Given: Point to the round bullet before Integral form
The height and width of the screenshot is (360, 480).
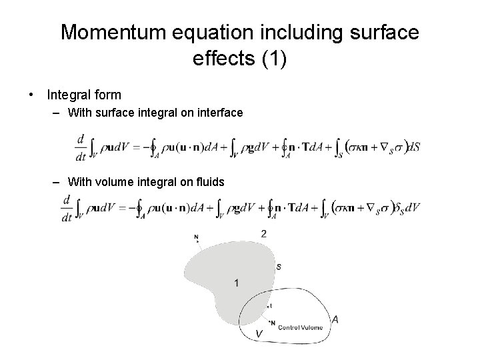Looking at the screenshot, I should click(33, 95).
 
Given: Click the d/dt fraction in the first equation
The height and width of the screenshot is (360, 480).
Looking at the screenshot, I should click(81, 148).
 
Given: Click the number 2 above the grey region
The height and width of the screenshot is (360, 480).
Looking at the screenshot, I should click(264, 233).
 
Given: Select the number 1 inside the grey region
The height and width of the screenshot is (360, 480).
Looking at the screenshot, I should click(237, 283).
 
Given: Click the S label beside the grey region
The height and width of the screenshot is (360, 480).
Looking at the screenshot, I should click(278, 267).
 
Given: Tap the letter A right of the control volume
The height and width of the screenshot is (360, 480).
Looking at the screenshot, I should click(335, 319).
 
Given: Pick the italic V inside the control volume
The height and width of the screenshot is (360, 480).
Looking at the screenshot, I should click(259, 333).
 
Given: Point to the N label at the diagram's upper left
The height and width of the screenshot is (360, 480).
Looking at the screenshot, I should click(196, 237).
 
